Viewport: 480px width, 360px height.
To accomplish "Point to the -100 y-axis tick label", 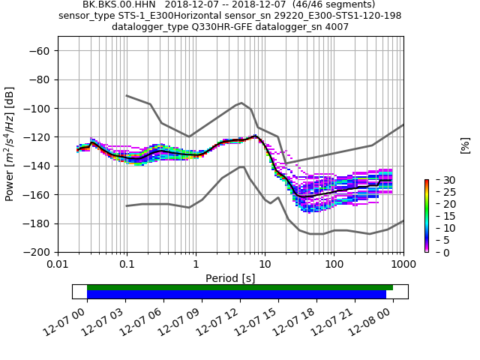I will [39, 109].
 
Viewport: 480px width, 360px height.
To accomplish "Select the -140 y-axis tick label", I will [39, 166].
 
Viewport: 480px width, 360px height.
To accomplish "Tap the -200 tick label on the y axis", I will [39, 253].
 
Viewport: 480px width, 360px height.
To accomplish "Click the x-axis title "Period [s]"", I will [230, 278].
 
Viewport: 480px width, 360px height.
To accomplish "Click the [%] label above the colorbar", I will [465, 145].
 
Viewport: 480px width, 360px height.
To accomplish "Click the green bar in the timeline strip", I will [239, 287].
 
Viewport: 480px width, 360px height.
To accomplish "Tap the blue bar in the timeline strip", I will [236, 295].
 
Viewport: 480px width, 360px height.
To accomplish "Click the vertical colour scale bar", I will [426, 216].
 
